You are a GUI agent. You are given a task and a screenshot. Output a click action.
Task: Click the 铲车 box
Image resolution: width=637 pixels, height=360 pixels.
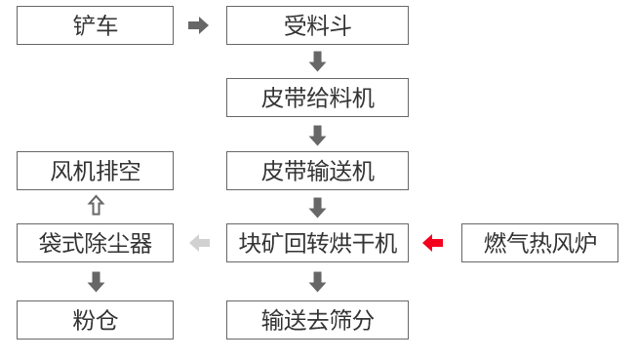[95, 25]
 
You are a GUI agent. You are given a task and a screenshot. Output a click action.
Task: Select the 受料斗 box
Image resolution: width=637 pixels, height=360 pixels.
[317, 25]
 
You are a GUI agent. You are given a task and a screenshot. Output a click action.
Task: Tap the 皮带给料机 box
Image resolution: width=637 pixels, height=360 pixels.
[317, 98]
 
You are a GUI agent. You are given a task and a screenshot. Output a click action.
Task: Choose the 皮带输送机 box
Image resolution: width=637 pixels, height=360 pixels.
[317, 171]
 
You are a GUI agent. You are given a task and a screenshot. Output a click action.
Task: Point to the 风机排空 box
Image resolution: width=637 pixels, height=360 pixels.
[95, 171]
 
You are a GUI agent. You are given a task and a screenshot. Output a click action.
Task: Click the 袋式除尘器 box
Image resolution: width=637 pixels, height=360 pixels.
[95, 243]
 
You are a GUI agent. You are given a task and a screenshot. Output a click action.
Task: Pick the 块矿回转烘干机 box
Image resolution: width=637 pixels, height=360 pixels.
[317, 243]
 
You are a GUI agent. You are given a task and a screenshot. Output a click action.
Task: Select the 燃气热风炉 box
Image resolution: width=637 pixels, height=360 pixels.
[539, 243]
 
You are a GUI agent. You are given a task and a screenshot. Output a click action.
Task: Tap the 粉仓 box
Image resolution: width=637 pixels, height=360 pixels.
[95, 320]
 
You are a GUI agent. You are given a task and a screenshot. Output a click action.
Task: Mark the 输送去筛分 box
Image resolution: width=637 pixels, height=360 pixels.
[317, 320]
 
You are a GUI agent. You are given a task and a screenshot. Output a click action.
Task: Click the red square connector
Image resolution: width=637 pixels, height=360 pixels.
[432, 243]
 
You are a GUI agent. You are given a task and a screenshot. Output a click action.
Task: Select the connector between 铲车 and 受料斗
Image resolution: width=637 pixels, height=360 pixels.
[199, 25]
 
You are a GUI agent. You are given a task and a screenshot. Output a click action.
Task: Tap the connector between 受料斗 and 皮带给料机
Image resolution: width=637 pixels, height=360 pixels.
[317, 61]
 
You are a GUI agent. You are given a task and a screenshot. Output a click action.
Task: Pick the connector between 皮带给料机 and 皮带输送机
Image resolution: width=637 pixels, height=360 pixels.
[317, 135]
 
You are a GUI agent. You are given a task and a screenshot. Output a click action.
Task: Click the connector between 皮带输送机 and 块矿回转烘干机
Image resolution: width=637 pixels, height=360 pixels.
[317, 207]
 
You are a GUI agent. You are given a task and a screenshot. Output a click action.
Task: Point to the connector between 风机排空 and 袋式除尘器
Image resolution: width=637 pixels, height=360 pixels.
[96, 205]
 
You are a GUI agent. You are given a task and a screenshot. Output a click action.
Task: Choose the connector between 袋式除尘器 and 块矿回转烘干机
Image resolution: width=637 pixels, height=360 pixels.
[199, 243]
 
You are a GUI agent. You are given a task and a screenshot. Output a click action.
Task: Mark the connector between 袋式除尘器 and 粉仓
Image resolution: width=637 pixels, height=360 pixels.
[96, 282]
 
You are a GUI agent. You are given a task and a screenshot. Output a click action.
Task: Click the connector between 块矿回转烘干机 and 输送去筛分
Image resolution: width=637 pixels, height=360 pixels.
[317, 282]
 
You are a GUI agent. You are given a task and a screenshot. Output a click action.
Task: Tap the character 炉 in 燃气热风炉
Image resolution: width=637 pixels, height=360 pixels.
[584, 243]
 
